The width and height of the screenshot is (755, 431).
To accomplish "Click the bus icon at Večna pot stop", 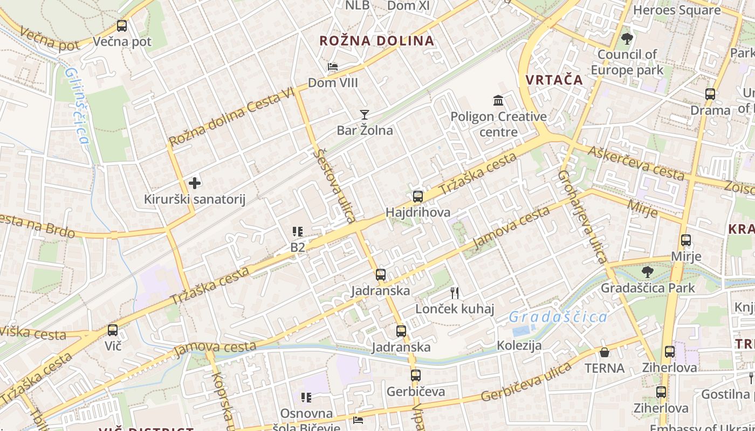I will (x=122, y=25).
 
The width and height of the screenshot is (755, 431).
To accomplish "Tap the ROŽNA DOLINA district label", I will (x=376, y=41).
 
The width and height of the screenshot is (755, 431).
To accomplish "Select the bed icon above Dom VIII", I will (x=333, y=67).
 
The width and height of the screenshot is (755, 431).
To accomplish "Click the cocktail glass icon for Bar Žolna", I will (x=365, y=114).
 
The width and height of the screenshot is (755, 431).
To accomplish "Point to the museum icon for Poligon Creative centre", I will (x=498, y=100).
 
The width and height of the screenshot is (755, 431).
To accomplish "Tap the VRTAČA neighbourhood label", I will (x=554, y=80).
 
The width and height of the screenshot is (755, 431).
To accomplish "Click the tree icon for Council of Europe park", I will (x=627, y=39).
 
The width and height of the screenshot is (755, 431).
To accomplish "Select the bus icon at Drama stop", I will (x=710, y=94).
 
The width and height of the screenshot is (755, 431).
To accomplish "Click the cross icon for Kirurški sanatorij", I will (x=195, y=183).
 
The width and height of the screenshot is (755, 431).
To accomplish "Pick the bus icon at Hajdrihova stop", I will (x=418, y=197).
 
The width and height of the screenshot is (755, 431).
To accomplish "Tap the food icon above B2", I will (x=298, y=232).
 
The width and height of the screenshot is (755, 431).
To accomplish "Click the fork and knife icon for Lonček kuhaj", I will (x=455, y=293).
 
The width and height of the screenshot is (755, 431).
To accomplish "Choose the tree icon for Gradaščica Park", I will (x=648, y=272).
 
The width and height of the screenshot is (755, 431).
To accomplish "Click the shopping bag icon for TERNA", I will (x=605, y=352).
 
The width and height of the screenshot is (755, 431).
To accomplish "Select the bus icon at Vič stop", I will (x=113, y=330).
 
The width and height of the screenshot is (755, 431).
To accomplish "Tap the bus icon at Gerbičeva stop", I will (x=415, y=376).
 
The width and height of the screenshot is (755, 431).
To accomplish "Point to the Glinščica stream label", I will (x=77, y=105).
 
